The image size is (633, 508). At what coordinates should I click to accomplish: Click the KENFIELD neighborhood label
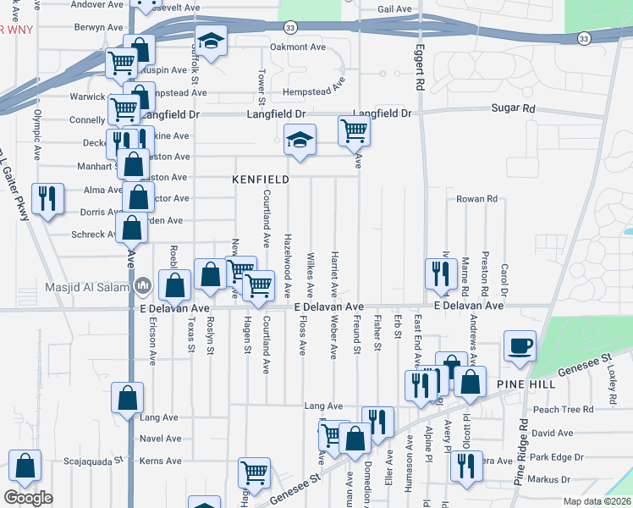pos(261,179)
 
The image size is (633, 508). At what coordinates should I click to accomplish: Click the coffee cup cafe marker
pos(520,346)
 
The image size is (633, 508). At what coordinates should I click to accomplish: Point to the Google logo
pos(27,498)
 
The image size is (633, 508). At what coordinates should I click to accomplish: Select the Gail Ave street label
pos(394,9)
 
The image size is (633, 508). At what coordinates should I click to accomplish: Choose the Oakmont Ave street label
pos(297,47)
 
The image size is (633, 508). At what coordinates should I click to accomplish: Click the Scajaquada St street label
pos(93,461)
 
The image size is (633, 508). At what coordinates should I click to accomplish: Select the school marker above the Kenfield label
pos(299,140)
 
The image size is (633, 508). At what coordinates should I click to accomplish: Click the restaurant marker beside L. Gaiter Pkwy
pos(47,198)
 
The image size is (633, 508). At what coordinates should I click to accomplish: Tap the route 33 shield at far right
pos(584,39)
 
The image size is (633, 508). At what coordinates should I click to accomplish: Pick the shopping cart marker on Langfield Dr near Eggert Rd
pos(354,130)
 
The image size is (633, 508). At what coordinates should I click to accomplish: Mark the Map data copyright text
pos(596,501)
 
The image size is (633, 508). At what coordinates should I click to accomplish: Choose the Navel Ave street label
pos(160,439)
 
